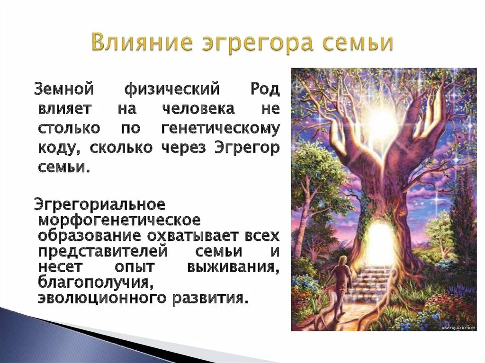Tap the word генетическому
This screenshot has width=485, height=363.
tap(220, 128)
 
